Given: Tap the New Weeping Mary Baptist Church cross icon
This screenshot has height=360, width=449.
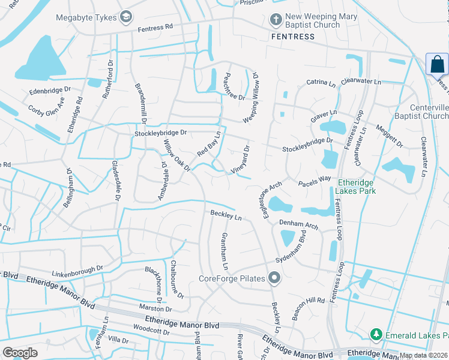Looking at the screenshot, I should pos(276,20).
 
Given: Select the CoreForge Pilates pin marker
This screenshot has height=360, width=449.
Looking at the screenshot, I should pos(275,278).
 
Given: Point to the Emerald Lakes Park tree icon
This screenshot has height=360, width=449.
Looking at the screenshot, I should pos(376,334).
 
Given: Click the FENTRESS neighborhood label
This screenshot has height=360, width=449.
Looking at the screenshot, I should pos(292,37).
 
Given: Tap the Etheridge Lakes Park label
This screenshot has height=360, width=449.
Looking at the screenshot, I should pos(357,187).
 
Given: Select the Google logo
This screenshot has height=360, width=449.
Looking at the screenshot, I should pos(20,353).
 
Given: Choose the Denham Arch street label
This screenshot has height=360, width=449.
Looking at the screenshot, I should pos(298,224).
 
